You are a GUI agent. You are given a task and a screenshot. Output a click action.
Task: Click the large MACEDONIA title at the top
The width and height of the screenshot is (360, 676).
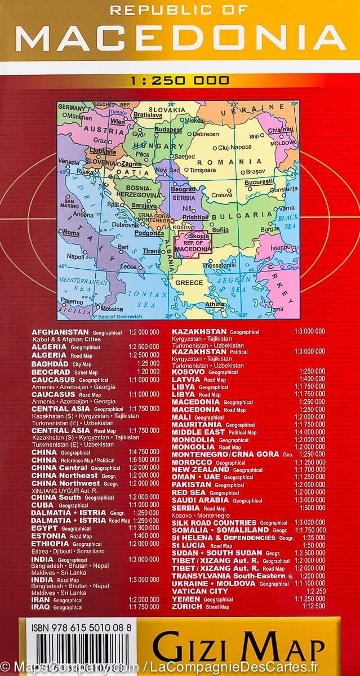pyautogui.click(x=180, y=39)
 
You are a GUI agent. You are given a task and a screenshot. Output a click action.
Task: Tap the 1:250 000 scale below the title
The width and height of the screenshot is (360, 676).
pyautogui.click(x=180, y=81)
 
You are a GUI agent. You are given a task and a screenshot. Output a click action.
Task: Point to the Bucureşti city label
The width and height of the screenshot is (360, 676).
pyautogui.click(x=259, y=183)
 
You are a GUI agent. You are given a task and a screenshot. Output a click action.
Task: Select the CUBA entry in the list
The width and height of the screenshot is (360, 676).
pyautogui.click(x=43, y=505)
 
